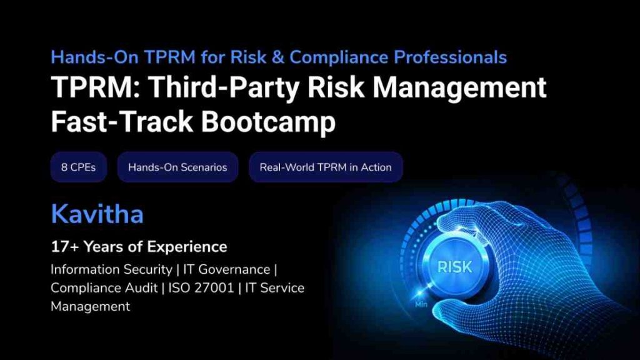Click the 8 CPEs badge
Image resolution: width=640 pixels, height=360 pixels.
78,167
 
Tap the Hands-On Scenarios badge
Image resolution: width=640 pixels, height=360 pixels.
177,167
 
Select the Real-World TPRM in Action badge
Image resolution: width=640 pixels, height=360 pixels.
326,167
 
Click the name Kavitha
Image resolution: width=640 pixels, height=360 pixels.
97,214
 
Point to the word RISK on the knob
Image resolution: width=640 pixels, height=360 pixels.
454,267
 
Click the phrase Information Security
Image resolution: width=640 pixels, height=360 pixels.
111,270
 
